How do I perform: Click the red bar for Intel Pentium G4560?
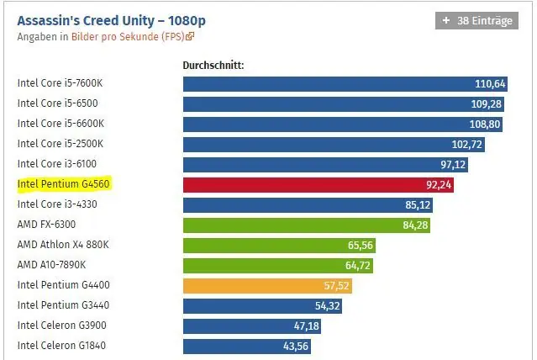[x=319, y=185]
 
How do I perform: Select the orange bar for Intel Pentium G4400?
[x=267, y=286]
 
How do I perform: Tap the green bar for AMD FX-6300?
[x=307, y=225]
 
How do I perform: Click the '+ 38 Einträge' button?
[x=476, y=20]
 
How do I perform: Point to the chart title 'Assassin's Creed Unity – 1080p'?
[x=111, y=20]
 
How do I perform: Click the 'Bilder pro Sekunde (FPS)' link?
[x=128, y=36]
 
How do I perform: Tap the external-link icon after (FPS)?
[x=190, y=36]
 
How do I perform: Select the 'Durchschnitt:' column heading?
[x=213, y=65]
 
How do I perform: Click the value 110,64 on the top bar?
[x=490, y=83]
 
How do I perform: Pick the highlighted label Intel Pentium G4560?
[x=63, y=184]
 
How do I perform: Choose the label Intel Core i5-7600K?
[x=60, y=83]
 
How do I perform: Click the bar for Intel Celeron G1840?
[x=247, y=347]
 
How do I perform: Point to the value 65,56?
[x=360, y=245]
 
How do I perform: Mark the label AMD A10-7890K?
[x=52, y=265]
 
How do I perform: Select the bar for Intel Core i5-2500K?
[x=334, y=145]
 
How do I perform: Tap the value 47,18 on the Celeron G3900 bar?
[x=306, y=326]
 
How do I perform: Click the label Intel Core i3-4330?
[x=57, y=204]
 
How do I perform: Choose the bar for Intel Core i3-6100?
[x=325, y=165]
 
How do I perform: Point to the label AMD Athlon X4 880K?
[x=63, y=245]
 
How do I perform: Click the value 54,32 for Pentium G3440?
[x=328, y=305]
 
